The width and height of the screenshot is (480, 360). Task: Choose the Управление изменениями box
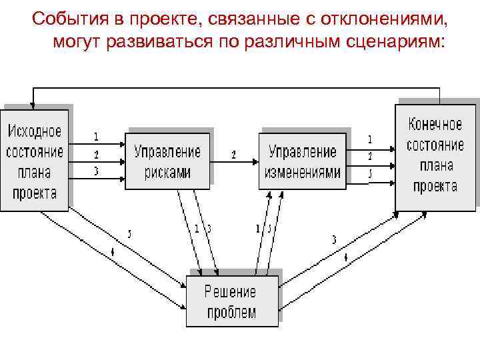[303, 161]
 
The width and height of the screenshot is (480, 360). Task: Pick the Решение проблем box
[231, 302]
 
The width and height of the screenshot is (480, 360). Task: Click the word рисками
[167, 172]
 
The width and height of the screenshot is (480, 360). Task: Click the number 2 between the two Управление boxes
[233, 154]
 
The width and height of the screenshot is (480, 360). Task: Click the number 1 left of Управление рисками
[96, 137]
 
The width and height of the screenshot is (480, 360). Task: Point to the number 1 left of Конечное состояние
[370, 139]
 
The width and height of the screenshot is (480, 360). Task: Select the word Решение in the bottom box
[231, 291]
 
